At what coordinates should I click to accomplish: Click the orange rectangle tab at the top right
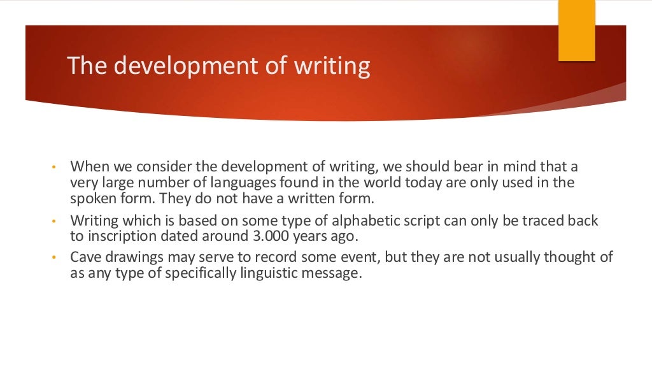(x=576, y=31)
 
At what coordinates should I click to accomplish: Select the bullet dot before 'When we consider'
(x=55, y=168)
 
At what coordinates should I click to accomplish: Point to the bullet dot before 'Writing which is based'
(x=55, y=221)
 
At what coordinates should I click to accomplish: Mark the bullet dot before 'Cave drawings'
(x=55, y=258)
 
